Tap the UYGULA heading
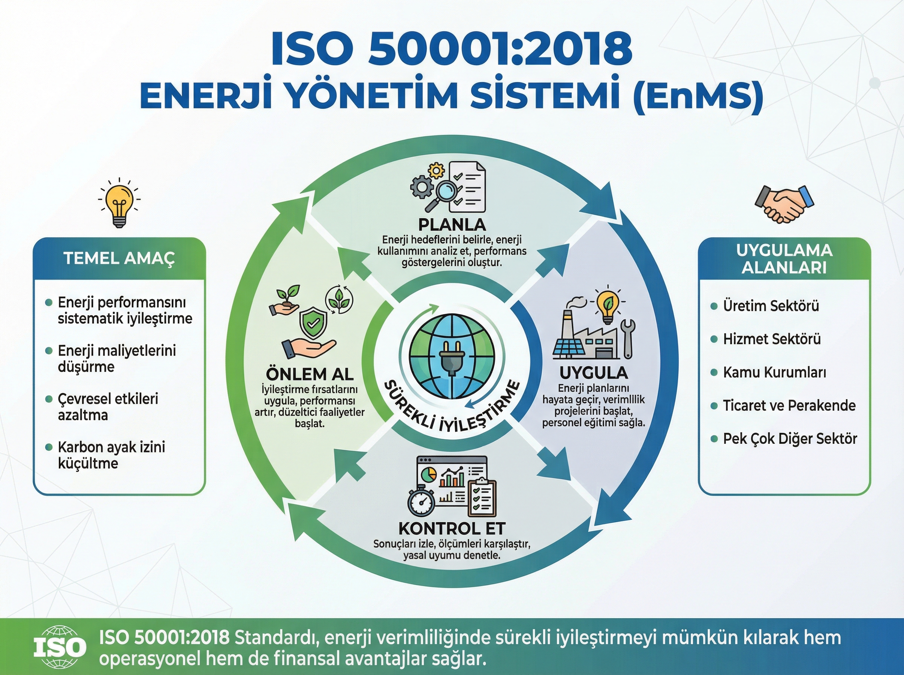tap(594, 373)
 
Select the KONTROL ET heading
tap(452, 528)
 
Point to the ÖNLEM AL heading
tap(310, 374)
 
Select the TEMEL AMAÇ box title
tap(119, 258)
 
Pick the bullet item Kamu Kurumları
tap(774, 372)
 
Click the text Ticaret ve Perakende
tap(789, 405)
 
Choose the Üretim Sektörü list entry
tap(771, 305)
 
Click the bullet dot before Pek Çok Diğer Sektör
tap(714, 439)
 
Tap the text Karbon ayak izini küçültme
tap(111, 455)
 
